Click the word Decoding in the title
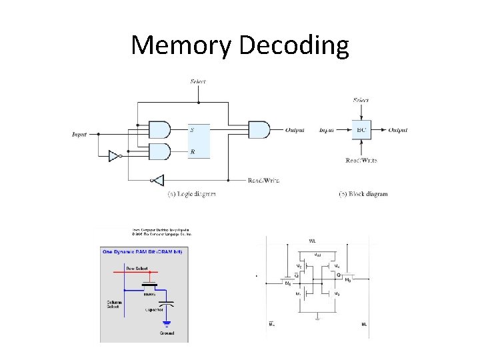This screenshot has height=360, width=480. [293, 45]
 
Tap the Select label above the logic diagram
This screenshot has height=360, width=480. [198, 81]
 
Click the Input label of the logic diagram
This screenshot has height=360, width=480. [79, 134]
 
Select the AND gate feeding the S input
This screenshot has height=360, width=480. [159, 129]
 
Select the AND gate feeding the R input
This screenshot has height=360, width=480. [159, 151]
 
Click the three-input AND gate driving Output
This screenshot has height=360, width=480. [259, 129]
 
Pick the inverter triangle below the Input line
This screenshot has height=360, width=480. [115, 157]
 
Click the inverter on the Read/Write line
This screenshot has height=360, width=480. [157, 180]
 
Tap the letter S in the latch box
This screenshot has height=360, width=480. [193, 129]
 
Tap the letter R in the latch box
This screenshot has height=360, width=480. [193, 152]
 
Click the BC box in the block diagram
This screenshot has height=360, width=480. [361, 130]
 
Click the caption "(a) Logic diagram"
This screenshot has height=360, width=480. [191, 194]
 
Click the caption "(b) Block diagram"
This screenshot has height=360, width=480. [363, 194]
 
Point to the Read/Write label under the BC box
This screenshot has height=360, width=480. [361, 160]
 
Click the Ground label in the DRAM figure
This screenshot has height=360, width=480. [166, 333]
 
